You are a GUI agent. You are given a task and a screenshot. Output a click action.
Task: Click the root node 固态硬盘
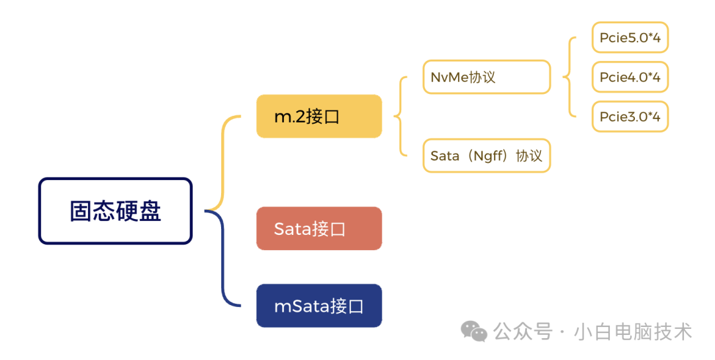click(x=115, y=211)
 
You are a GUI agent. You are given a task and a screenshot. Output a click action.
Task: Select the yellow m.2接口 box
click(x=318, y=116)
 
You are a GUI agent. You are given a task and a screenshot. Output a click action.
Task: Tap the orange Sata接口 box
click(x=318, y=228)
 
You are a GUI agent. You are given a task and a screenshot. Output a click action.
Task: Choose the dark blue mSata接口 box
click(x=318, y=306)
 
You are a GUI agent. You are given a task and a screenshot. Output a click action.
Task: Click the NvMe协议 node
click(x=486, y=77)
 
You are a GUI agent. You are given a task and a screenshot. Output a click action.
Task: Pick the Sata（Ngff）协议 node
click(x=486, y=156)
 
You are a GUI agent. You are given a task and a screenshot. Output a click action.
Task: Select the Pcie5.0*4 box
click(x=630, y=38)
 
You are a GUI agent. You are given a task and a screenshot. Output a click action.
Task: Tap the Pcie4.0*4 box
click(x=630, y=77)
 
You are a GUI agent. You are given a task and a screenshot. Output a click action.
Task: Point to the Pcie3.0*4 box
click(x=630, y=117)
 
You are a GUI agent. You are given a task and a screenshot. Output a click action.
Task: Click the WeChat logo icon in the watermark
click(x=474, y=330)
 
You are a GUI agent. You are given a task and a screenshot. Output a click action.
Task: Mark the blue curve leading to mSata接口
click(x=223, y=265)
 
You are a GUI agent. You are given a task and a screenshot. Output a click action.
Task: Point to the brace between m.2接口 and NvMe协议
click(x=399, y=116)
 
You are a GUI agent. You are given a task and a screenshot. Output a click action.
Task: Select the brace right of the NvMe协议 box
click(x=567, y=77)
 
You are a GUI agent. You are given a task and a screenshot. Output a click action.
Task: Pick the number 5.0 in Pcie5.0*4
click(x=641, y=38)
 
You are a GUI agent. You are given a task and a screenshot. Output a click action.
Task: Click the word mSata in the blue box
click(x=296, y=306)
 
